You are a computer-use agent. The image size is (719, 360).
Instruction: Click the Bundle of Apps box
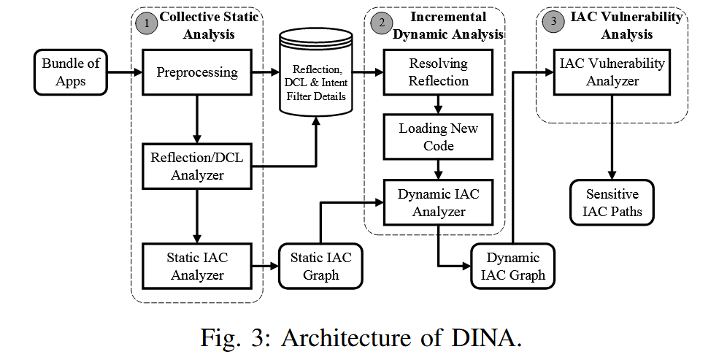click(x=71, y=72)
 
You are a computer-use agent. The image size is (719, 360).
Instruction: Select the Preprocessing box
click(x=197, y=72)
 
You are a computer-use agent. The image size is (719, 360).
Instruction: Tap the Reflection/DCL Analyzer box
click(x=197, y=165)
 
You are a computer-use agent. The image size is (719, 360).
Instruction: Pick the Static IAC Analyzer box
click(x=197, y=266)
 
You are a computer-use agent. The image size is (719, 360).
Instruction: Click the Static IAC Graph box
click(x=321, y=266)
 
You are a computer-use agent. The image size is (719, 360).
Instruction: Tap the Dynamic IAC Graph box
click(x=513, y=267)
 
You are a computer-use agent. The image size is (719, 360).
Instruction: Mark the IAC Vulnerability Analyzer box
click(x=612, y=72)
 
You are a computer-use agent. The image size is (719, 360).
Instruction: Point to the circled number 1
click(x=146, y=23)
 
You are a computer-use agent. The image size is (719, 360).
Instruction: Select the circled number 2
click(x=380, y=23)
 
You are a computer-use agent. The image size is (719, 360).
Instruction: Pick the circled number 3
click(x=553, y=21)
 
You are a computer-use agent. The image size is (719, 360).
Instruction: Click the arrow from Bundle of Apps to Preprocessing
click(x=124, y=72)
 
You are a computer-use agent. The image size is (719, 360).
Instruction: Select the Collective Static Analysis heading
click(x=209, y=25)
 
